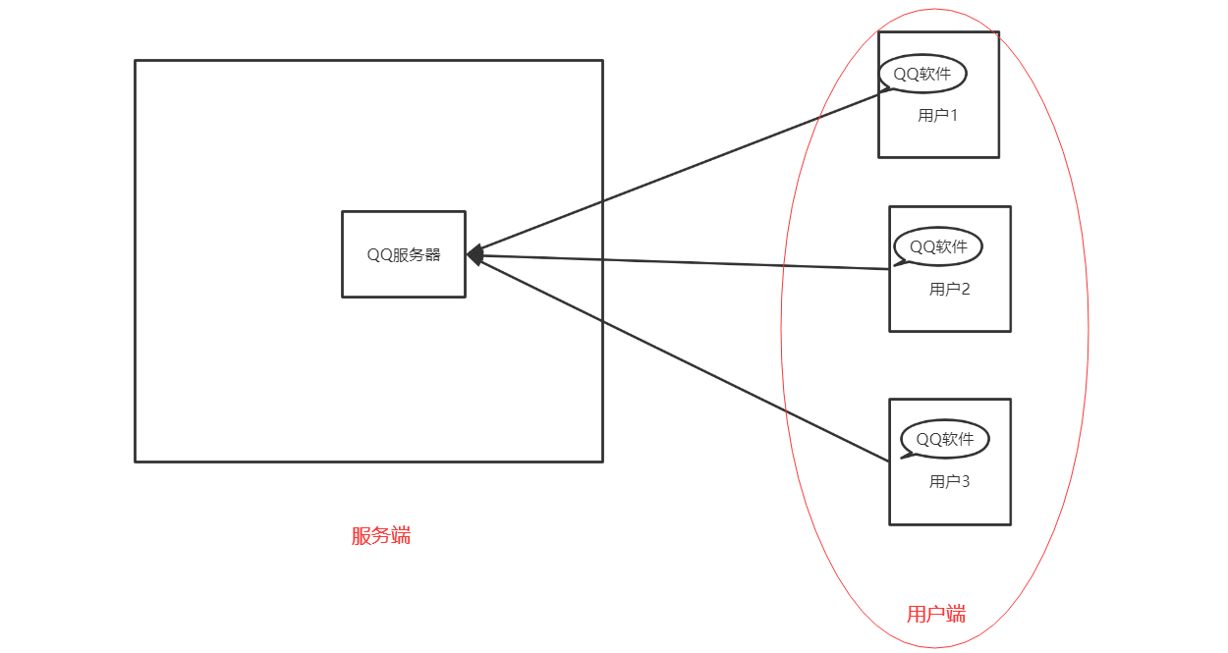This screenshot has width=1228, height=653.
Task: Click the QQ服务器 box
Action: (x=403, y=253)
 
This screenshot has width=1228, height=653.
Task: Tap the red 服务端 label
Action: (x=381, y=536)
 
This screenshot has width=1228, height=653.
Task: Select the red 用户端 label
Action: (x=935, y=615)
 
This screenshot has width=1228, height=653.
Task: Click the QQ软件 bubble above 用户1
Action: (x=922, y=73)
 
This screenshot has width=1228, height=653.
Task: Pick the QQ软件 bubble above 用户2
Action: (x=938, y=246)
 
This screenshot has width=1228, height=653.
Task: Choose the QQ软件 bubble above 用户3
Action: (x=945, y=439)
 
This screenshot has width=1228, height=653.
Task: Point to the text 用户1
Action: (x=937, y=115)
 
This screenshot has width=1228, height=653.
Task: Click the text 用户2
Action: (x=949, y=289)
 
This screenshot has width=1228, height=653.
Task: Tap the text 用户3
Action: (x=949, y=481)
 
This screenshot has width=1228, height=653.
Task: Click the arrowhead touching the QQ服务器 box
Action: (x=474, y=254)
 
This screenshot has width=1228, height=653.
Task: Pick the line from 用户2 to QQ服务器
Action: (x=688, y=262)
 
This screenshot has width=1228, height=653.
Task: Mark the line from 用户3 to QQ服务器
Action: (x=688, y=360)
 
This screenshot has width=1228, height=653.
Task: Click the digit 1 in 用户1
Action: (x=953, y=115)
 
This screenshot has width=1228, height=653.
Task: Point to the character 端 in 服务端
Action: (x=401, y=536)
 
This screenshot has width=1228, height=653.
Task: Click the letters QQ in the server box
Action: (x=379, y=255)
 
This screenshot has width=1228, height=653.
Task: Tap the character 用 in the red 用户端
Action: (x=916, y=615)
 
